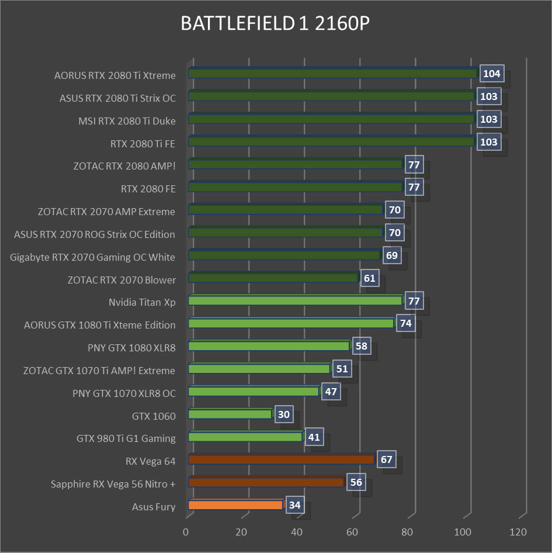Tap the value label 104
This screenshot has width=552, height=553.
[491, 74]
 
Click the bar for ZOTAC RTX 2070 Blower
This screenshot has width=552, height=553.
[273, 278]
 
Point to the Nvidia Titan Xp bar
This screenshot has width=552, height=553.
[295, 301]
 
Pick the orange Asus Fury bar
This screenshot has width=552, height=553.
[235, 505]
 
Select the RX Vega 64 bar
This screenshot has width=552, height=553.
[281, 460]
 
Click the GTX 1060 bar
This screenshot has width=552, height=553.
[230, 414]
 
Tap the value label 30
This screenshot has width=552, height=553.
[284, 414]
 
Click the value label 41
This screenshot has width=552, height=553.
[314, 437]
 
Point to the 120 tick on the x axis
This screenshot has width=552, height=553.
[518, 533]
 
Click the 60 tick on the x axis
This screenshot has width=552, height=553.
[352, 533]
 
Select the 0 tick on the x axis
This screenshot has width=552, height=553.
[186, 533]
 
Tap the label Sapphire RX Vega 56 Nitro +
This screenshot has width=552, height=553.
[113, 484]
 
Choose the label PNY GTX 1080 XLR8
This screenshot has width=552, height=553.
[131, 348]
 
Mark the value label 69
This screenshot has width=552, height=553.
[392, 255]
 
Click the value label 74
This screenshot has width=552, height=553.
[406, 324]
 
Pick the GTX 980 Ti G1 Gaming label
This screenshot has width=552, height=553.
[126, 438]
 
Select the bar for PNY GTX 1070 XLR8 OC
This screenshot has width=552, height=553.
[254, 392]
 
